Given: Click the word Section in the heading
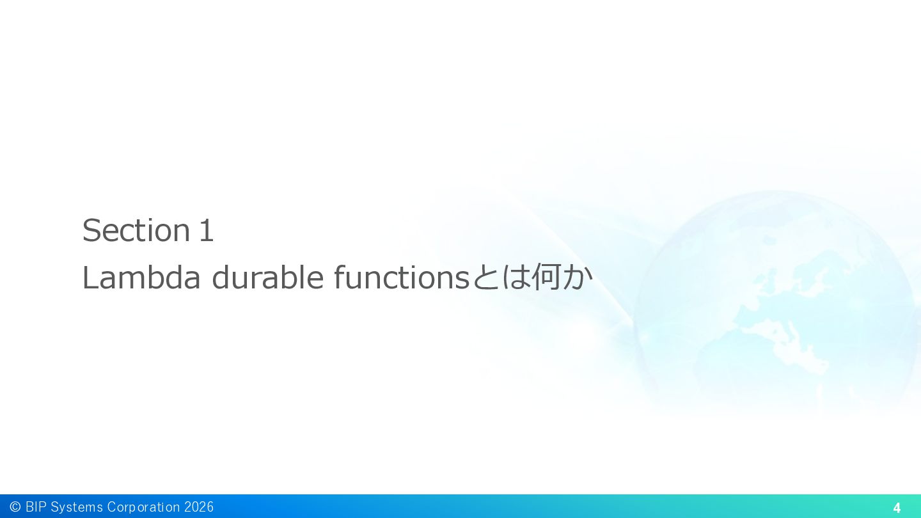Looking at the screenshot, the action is [136, 230].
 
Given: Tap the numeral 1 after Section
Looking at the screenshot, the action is [206, 231].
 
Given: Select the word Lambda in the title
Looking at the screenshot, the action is [141, 278].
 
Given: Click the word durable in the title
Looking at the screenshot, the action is [267, 278].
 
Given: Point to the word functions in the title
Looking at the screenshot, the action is [401, 278].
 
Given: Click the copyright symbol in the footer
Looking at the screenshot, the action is [15, 506].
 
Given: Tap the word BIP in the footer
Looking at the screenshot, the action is [36, 506].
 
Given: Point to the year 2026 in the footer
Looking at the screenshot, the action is [199, 506].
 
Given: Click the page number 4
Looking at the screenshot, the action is [897, 508].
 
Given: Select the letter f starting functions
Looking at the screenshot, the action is [340, 277].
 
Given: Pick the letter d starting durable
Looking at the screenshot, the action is [221, 278].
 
